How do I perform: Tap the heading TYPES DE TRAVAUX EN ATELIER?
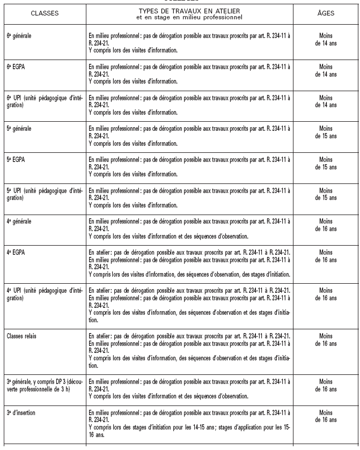click(189, 10)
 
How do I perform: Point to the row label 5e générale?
click(19, 129)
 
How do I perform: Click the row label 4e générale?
click(19, 221)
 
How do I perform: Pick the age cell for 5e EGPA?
click(326, 163)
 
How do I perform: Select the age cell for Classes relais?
click(326, 339)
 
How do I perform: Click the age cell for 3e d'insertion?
click(326, 415)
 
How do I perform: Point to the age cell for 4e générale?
click(326, 224)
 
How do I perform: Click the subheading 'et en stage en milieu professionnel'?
click(189, 17)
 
